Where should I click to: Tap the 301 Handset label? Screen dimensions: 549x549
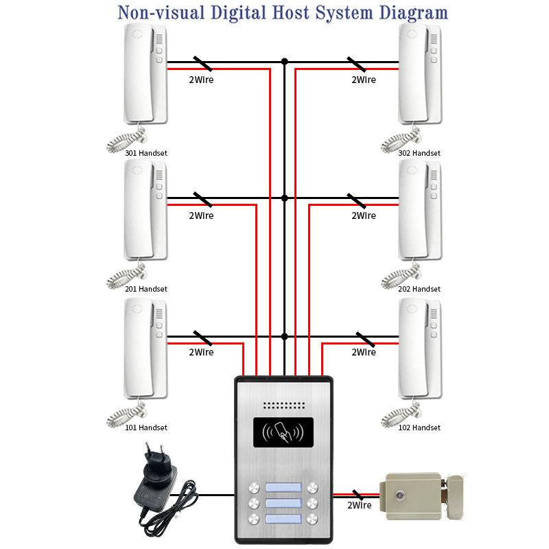[x=146, y=153]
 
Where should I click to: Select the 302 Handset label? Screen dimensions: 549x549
[x=419, y=153]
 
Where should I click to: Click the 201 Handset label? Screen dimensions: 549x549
[x=146, y=289]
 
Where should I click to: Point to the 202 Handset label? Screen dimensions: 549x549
[x=419, y=289]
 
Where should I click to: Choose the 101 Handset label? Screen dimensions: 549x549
[x=146, y=428]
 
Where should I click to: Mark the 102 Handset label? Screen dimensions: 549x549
[x=419, y=428]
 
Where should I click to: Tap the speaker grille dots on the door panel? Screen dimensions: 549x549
[x=284, y=405]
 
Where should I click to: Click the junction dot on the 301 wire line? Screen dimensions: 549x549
[x=285, y=61]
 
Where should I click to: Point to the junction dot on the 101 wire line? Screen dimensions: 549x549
[x=285, y=336]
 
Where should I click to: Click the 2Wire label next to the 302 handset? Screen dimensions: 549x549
[x=363, y=80]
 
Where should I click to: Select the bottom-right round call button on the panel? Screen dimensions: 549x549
[x=313, y=519]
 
